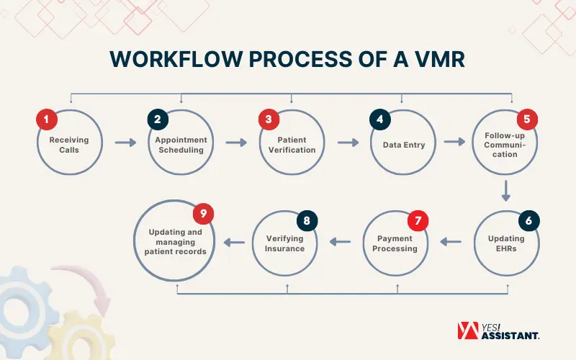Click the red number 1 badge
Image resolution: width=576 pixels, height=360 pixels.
[x=47, y=120]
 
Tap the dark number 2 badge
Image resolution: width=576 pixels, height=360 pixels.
[x=158, y=120]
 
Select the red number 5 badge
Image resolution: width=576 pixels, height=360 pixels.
[x=527, y=120]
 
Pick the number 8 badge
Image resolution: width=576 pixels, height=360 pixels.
[x=307, y=221]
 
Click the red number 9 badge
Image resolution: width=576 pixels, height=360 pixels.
[x=204, y=214]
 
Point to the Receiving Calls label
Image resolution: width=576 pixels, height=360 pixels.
[x=69, y=145]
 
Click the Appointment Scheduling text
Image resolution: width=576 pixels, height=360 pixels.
[x=181, y=145]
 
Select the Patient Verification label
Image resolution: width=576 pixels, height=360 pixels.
[x=292, y=145]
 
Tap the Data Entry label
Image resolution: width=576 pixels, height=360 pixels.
[x=404, y=145]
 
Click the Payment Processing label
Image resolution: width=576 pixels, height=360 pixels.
[x=395, y=243]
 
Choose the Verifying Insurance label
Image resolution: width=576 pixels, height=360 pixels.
[x=284, y=243]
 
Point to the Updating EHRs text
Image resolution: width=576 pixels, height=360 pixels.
[x=506, y=243]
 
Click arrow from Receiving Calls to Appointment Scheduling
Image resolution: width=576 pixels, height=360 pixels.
[x=125, y=143]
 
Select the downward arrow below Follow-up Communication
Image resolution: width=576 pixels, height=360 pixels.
[x=506, y=191]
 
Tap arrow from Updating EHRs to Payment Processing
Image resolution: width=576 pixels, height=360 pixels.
[x=451, y=242]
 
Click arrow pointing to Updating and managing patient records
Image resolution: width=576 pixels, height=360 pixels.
[x=235, y=242]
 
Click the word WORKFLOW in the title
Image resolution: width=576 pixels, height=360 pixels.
[x=176, y=59]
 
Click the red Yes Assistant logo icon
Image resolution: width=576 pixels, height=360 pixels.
[x=468, y=330]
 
